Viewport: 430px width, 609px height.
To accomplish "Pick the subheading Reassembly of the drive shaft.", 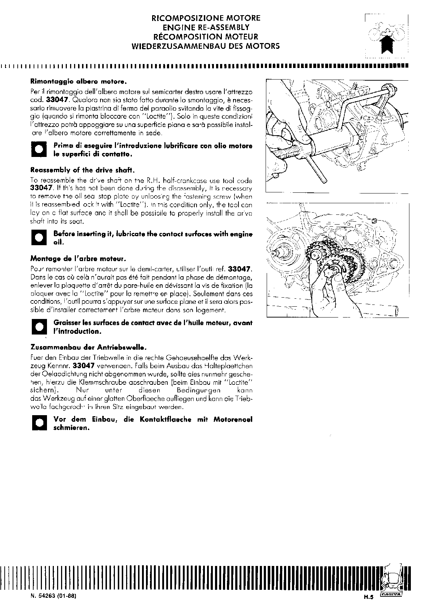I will click(x=83, y=170).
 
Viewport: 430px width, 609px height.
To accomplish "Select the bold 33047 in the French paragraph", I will click(x=240, y=269).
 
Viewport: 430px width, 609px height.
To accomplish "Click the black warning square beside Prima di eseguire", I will click(x=39, y=150).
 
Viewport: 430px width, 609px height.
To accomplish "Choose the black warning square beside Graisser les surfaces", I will click(x=39, y=327).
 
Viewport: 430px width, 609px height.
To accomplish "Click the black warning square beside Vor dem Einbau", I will click(x=39, y=423).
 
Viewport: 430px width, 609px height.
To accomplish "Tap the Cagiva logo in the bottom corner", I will click(x=392, y=594).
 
